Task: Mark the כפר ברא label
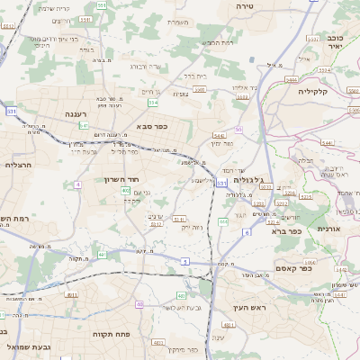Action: point(289,230)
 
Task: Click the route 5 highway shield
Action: point(184,260)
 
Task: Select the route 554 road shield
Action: point(153,103)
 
